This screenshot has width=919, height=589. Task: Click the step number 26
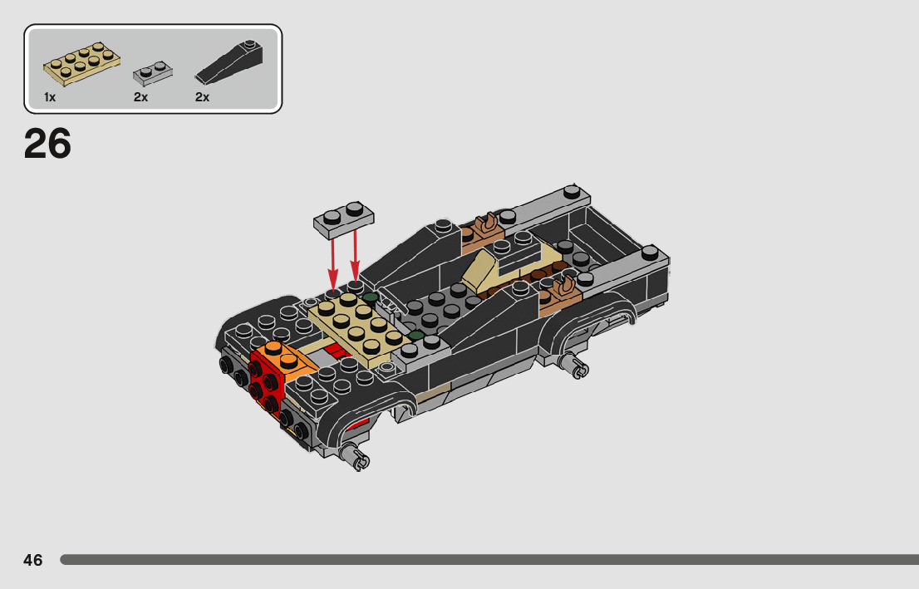tap(47, 144)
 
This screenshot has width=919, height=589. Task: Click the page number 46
tap(33, 560)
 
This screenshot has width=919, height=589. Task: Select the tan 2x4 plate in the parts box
tap(81, 63)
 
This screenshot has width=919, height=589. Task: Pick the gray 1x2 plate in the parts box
tap(152, 73)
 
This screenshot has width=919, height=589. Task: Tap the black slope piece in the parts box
tap(229, 62)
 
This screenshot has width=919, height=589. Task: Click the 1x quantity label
tap(50, 97)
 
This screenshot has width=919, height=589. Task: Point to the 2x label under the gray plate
tap(140, 97)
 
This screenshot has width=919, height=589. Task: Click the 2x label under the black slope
tap(202, 97)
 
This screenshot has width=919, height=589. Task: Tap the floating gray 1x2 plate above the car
tap(343, 219)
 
